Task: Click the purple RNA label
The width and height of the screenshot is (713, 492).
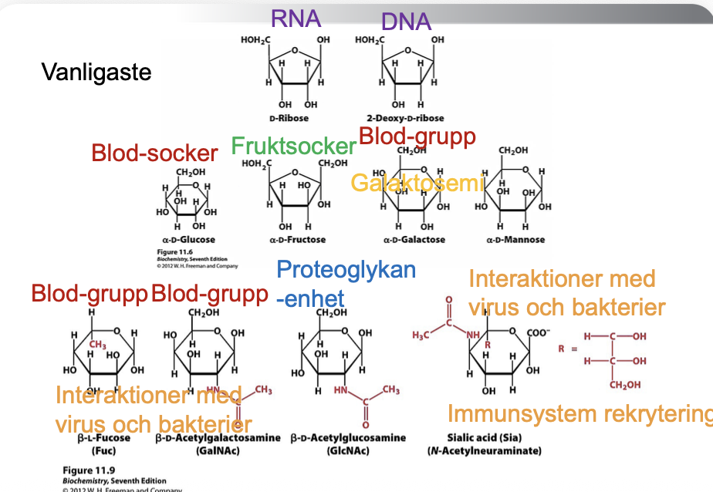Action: pos(296,19)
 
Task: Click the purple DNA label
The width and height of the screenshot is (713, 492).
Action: pos(406,22)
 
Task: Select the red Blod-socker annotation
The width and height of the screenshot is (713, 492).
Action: pos(154,153)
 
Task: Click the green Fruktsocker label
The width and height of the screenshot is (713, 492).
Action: pos(293,146)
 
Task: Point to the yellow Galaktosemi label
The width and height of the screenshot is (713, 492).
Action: pos(417,183)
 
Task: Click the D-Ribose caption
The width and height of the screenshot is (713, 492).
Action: pos(289,119)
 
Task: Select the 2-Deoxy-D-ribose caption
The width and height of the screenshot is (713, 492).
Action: pos(407,119)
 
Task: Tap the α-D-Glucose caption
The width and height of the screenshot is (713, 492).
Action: pos(188,240)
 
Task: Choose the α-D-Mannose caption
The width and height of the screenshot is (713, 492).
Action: pos(515,240)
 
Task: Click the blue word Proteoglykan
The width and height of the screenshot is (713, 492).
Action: pos(346,270)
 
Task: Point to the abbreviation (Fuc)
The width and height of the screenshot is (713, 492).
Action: pos(103,450)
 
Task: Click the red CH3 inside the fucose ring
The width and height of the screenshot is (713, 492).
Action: pos(96,345)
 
